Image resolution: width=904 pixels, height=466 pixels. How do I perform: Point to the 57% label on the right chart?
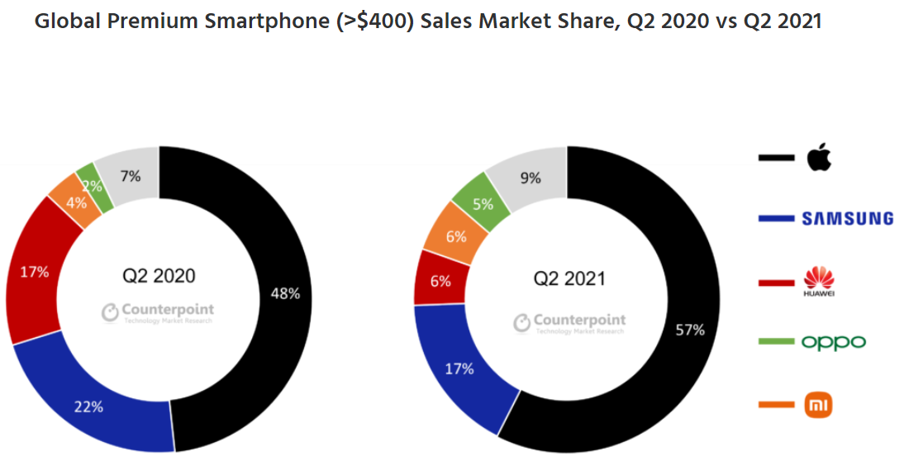[690, 330]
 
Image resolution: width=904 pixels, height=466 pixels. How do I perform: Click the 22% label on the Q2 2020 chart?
[89, 406]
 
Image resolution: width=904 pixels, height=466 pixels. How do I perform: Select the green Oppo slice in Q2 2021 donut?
[481, 202]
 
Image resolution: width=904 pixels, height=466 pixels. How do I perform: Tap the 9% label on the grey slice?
[531, 177]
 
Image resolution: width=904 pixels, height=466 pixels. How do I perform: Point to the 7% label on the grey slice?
[130, 175]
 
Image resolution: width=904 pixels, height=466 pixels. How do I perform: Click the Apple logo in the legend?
[819, 156]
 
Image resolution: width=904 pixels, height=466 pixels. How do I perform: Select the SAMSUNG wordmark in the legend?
[847, 218]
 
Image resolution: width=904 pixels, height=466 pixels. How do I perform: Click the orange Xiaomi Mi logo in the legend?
[819, 405]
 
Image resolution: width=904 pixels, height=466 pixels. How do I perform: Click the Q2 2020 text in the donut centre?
[159, 275]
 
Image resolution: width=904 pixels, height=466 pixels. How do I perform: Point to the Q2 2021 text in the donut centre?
[569, 278]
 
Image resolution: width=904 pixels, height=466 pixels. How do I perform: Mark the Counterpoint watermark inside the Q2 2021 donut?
[570, 322]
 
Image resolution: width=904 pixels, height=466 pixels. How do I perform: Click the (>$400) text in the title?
[375, 21]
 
